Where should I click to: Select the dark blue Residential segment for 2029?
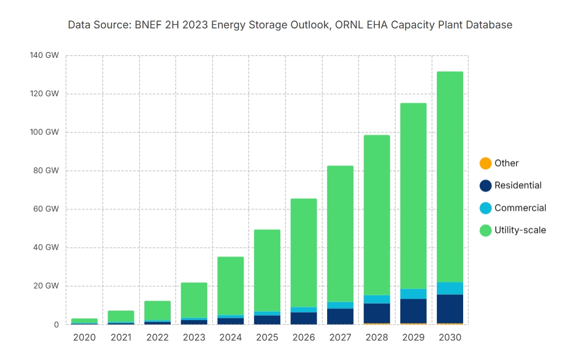413,311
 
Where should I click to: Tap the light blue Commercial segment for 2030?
449,289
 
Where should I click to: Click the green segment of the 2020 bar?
84,321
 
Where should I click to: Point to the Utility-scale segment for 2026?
304,253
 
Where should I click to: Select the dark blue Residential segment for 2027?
340,316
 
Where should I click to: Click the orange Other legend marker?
486,163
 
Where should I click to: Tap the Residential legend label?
518,186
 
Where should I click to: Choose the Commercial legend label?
520,208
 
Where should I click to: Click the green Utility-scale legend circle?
486,230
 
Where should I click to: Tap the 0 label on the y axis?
56,325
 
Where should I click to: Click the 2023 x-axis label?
194,337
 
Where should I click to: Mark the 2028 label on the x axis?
377,337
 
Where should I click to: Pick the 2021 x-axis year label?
121,337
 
